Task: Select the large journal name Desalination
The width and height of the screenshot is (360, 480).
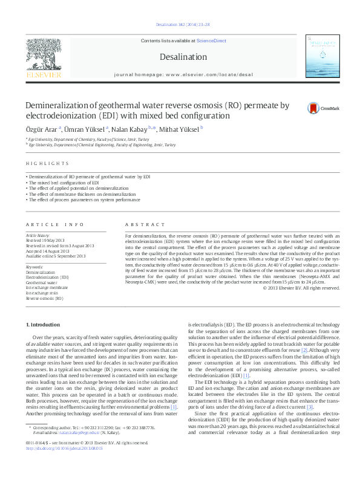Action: [x=183, y=57]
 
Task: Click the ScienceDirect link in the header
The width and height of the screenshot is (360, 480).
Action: [x=211, y=41]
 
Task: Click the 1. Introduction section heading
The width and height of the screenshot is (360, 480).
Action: [x=43, y=325]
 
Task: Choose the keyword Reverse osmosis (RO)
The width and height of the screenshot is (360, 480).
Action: [x=44, y=299]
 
